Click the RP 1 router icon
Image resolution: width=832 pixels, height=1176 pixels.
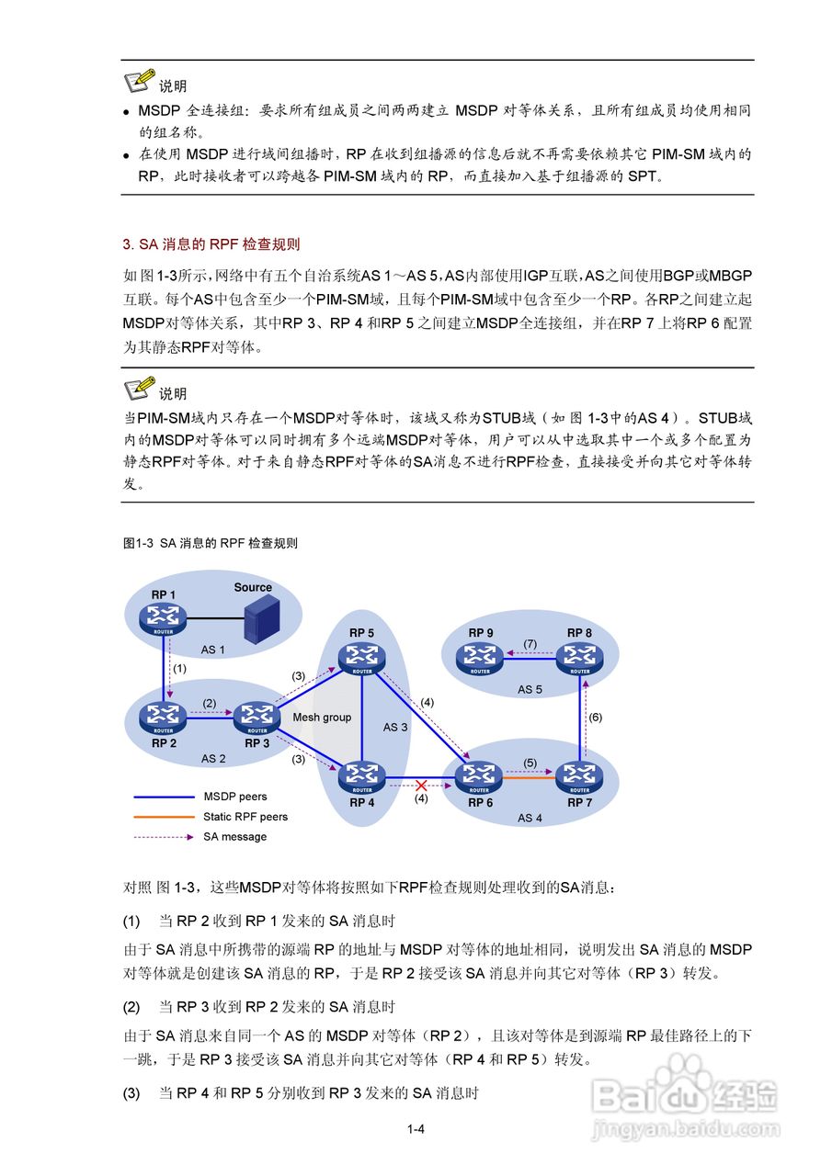pos(165,617)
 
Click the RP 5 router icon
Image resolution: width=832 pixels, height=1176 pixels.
pos(361,657)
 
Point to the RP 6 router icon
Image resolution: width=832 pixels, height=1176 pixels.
pos(479,777)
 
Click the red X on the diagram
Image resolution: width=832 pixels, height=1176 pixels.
pos(421,786)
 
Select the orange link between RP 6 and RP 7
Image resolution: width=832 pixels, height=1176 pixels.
pos(530,778)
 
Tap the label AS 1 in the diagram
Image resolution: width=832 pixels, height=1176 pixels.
pos(213,650)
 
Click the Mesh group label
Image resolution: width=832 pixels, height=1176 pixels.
pos(322,718)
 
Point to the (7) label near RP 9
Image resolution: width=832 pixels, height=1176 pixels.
pos(530,644)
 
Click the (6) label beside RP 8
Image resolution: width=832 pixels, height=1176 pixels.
pos(595,718)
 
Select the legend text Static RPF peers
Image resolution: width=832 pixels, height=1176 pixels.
pos(245,816)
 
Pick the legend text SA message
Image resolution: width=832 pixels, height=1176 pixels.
pos(234,836)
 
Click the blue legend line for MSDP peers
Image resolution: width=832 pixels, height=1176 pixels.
pos(162,797)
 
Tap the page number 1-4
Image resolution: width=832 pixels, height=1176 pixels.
pos(416,1129)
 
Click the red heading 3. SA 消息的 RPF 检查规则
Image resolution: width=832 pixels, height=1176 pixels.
pos(211,244)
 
